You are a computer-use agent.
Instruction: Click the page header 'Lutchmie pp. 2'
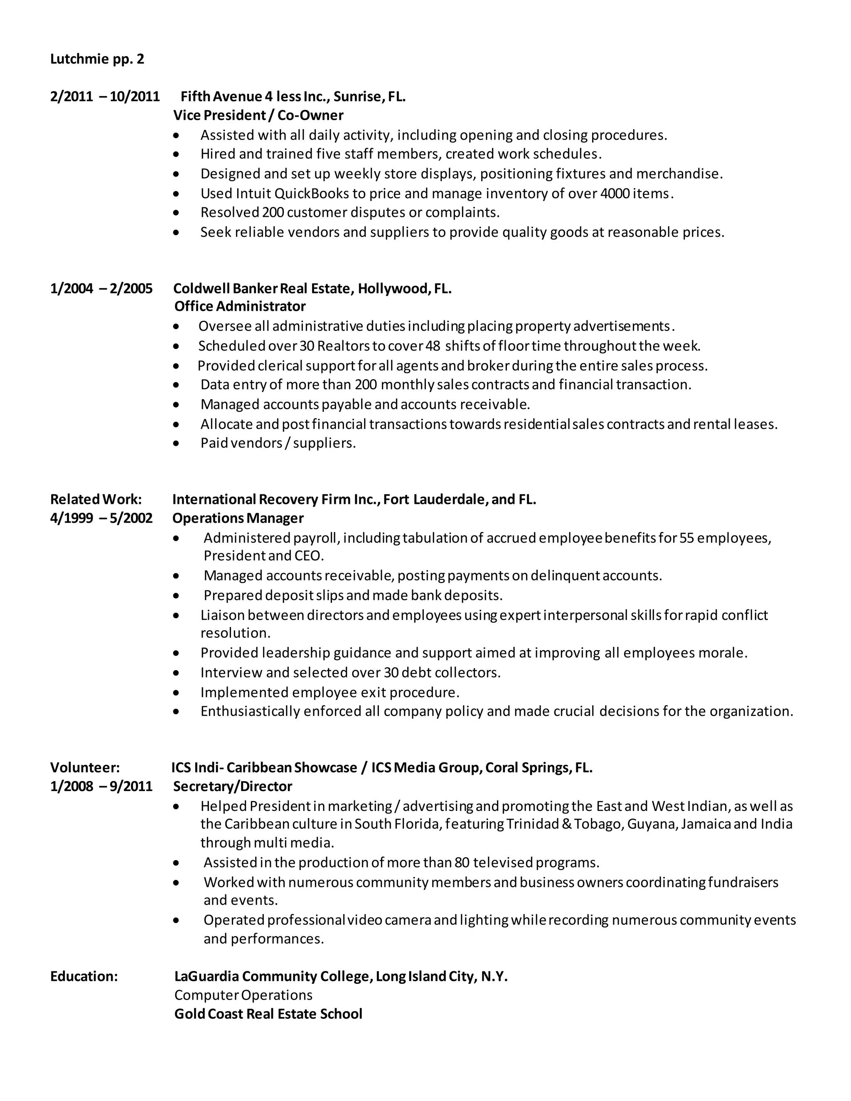97,59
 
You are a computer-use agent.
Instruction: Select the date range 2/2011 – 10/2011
105,96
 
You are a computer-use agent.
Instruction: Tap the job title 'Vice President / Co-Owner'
258,116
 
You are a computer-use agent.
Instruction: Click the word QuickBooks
312,194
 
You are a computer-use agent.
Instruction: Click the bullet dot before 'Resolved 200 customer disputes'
175,213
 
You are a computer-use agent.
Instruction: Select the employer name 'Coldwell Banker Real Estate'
264,288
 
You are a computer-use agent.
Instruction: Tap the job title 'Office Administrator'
240,307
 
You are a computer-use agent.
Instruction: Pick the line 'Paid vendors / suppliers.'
278,443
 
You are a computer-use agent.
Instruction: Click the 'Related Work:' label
96,499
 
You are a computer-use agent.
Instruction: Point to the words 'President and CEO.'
264,555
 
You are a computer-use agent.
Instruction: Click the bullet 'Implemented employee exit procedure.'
330,692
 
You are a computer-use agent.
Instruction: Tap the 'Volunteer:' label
85,767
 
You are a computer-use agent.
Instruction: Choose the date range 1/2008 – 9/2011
101,786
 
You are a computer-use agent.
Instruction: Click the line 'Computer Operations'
243,995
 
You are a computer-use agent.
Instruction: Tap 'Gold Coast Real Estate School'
268,1014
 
